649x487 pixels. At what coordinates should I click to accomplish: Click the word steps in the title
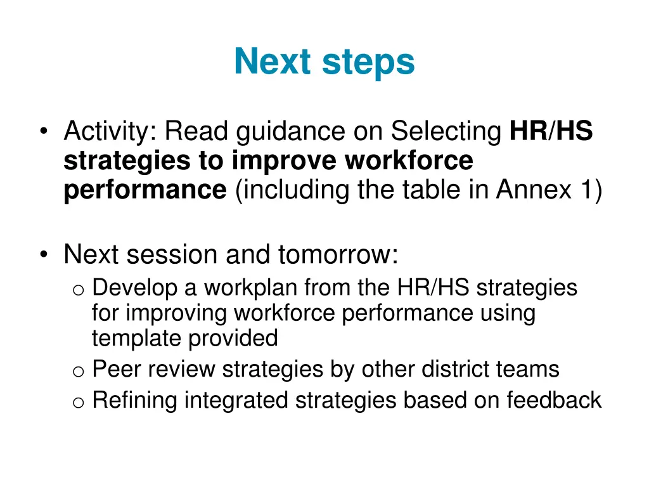pyautogui.click(x=368, y=62)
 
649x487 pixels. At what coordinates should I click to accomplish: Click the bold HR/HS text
pyautogui.click(x=551, y=131)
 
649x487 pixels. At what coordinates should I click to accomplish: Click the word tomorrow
pyautogui.click(x=337, y=254)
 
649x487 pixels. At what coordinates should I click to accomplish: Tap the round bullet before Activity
pyautogui.click(x=43, y=133)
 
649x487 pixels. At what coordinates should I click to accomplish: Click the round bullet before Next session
pyautogui.click(x=43, y=255)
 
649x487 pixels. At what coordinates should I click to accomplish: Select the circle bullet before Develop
pyautogui.click(x=78, y=290)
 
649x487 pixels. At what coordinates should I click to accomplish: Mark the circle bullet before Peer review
pyautogui.click(x=78, y=371)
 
